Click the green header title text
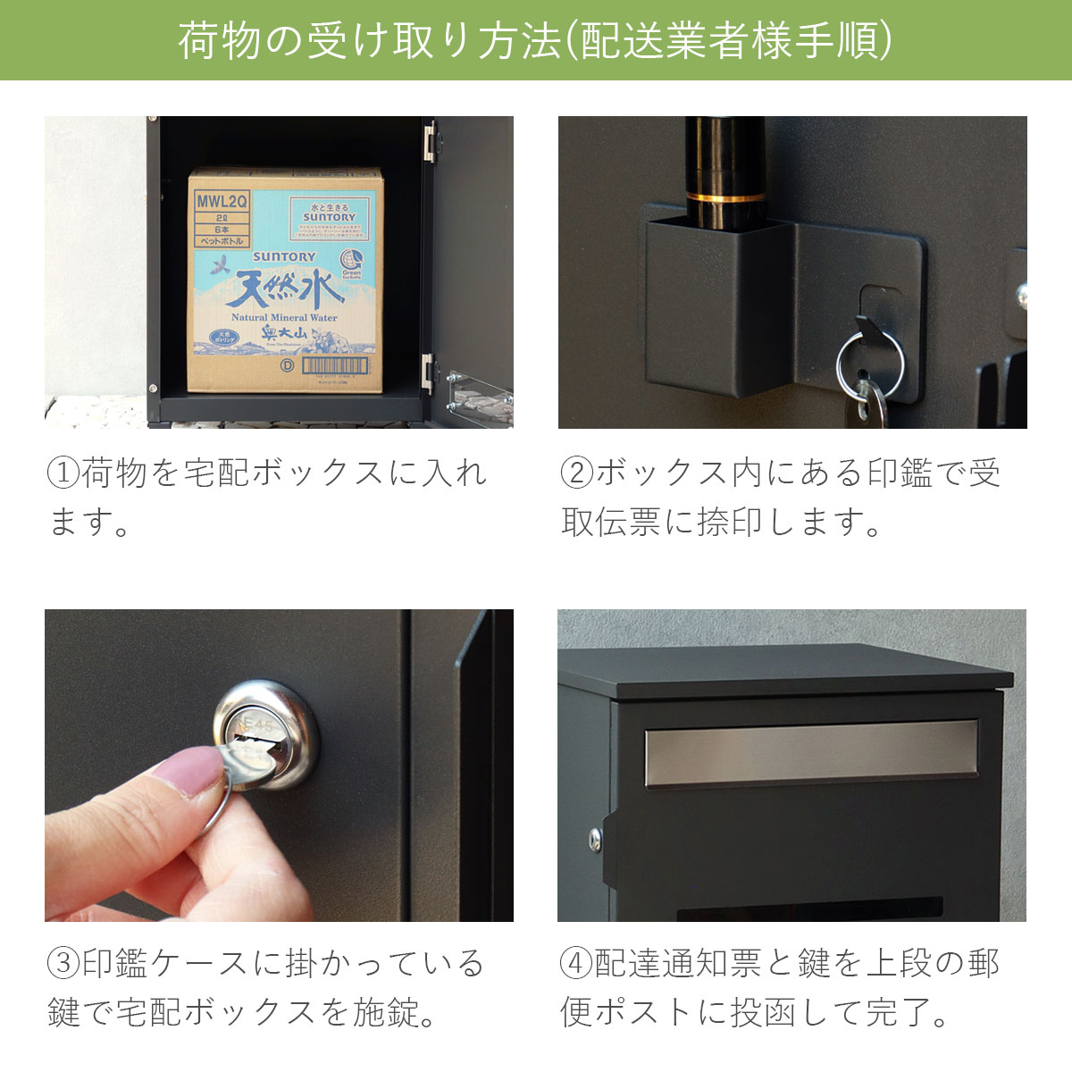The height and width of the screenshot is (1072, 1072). click(x=535, y=40)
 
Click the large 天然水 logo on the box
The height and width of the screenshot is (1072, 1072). click(x=284, y=289)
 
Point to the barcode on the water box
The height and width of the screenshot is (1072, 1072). click(x=335, y=365)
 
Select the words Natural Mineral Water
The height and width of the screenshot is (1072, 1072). click(x=284, y=317)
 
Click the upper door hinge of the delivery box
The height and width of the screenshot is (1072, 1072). click(x=430, y=142)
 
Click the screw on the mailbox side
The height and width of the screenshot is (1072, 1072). click(x=595, y=838)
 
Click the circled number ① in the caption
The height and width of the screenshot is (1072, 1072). click(x=63, y=473)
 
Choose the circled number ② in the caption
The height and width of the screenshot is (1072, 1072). click(x=577, y=473)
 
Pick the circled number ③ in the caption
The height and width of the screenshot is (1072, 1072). click(x=63, y=964)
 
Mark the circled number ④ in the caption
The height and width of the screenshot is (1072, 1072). click(x=577, y=964)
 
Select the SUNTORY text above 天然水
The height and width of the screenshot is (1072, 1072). click(x=284, y=256)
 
